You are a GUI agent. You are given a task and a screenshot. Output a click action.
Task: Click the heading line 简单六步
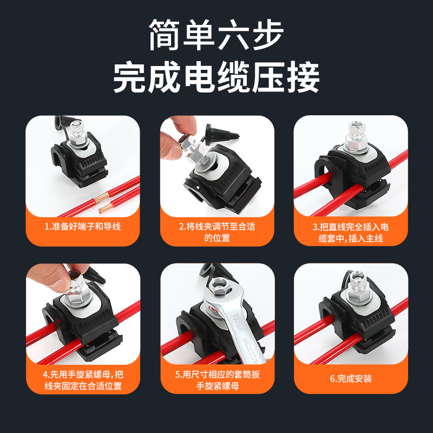pos(216,36)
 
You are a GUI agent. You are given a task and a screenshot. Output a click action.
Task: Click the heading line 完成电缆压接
pos(216,78)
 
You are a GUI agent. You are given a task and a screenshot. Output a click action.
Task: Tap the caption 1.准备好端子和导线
pos(82,226)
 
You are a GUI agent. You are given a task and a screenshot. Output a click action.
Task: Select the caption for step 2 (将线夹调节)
pos(216,232)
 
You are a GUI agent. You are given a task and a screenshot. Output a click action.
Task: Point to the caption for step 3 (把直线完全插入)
pos(350,232)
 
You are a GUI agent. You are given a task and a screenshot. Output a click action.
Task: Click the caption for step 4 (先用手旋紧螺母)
pos(82,380)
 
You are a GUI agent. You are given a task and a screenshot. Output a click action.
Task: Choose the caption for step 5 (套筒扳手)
pos(216,380)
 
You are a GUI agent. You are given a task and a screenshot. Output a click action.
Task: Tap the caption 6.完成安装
pos(350,378)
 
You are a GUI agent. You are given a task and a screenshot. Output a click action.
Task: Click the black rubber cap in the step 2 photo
pos(220,135)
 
